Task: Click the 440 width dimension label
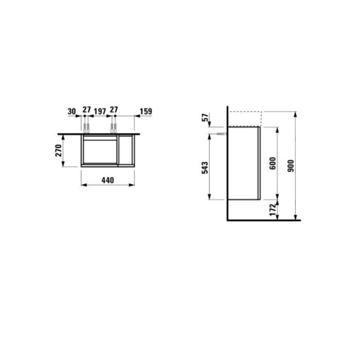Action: (x=107, y=180)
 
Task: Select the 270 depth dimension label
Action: (x=59, y=150)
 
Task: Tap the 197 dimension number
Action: (x=100, y=112)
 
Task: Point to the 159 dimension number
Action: (x=146, y=112)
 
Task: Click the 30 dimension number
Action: (x=72, y=112)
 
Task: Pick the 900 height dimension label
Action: (x=291, y=166)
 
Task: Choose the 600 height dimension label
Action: (x=273, y=163)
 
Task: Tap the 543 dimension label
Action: (x=205, y=168)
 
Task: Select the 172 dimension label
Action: (x=273, y=210)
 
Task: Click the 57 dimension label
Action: (x=206, y=117)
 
